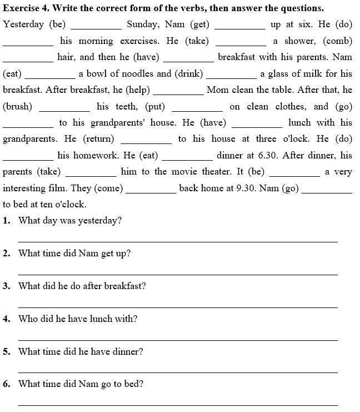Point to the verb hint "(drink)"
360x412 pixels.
pyautogui.click(x=189, y=74)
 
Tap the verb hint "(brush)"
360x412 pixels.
pyautogui.click(x=18, y=107)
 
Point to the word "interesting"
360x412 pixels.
pyautogui.click(x=26, y=188)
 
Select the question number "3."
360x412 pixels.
pyautogui.click(x=7, y=286)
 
